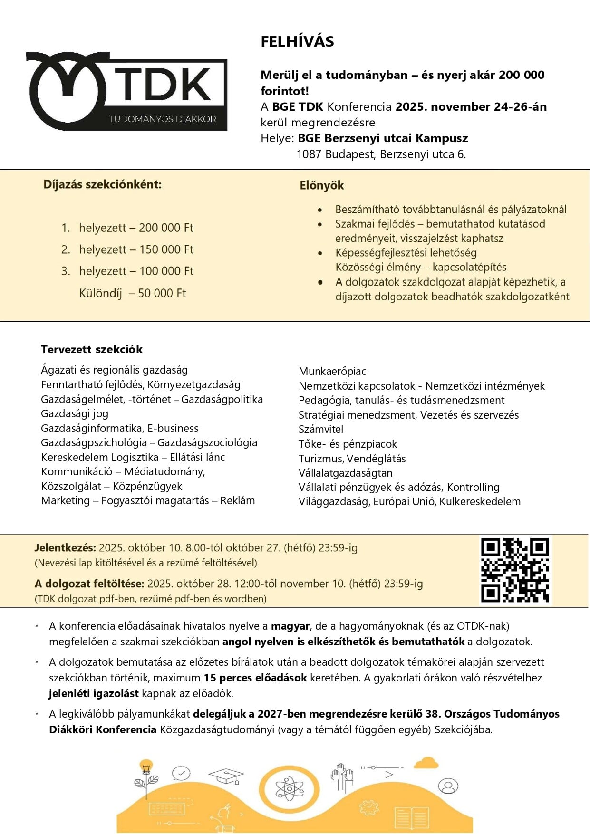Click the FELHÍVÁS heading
(x=297, y=42)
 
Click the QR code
(x=515, y=570)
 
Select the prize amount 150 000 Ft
(x=166, y=249)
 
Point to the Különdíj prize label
(x=101, y=293)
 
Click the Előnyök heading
(x=321, y=185)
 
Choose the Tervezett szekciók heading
(x=92, y=349)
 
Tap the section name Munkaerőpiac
(x=332, y=371)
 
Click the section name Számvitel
(x=321, y=429)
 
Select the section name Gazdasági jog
(x=75, y=413)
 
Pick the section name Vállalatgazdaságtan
(x=346, y=473)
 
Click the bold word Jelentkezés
(x=65, y=547)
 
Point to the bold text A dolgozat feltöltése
(x=89, y=584)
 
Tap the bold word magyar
(x=290, y=626)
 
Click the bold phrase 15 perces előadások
(x=255, y=678)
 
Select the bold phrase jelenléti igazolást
(x=94, y=693)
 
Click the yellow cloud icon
(x=426, y=763)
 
